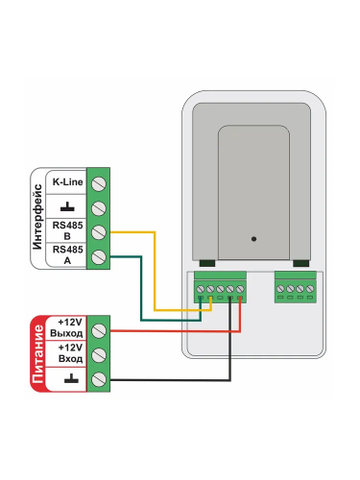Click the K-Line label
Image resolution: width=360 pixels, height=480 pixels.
click(x=67, y=182)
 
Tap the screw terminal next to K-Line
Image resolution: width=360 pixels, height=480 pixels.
click(x=99, y=183)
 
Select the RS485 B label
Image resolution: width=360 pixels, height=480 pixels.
click(x=67, y=230)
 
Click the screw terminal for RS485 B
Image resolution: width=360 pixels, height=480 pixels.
click(x=99, y=232)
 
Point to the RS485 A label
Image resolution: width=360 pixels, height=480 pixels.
click(x=67, y=254)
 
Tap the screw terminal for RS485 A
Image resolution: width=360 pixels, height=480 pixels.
click(x=99, y=256)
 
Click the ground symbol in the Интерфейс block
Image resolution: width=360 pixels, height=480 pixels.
click(x=67, y=206)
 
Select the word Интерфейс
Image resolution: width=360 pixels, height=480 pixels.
click(x=37, y=217)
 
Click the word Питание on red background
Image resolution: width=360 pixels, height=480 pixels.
click(x=37, y=354)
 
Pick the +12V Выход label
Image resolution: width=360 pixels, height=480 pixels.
click(x=66, y=327)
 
